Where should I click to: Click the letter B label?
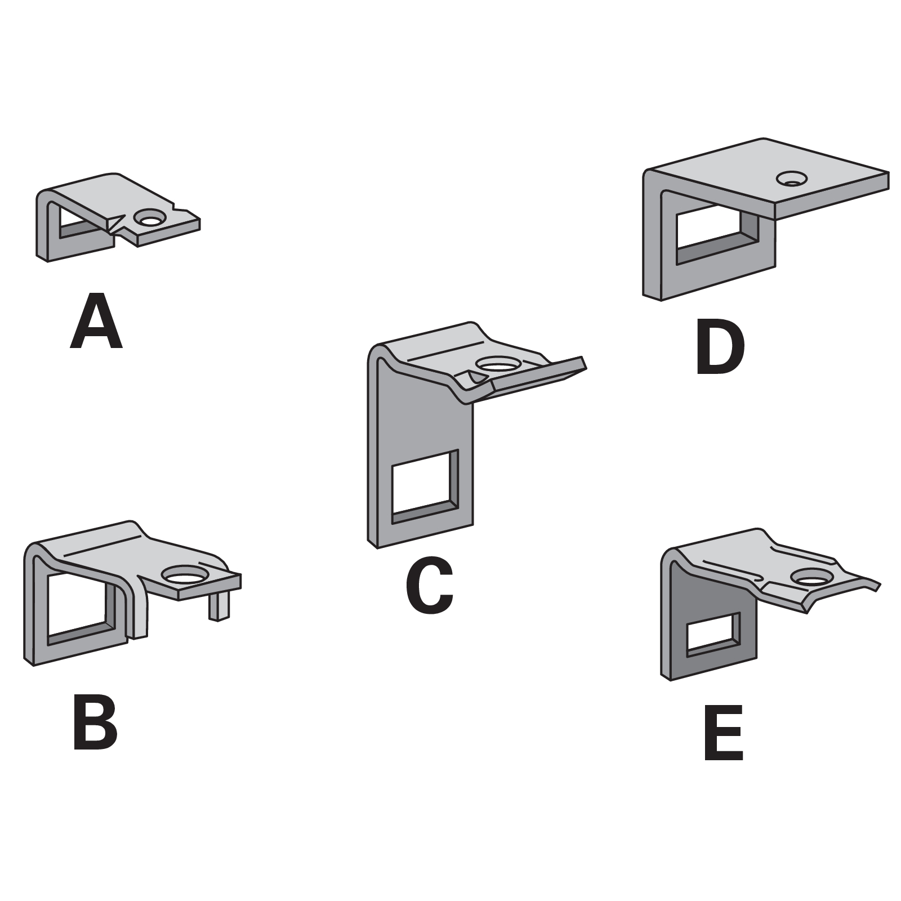(x=95, y=722)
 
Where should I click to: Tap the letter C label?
(x=429, y=586)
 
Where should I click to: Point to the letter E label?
(x=724, y=732)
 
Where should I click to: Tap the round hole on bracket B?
(x=185, y=575)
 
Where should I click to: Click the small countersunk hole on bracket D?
(x=791, y=179)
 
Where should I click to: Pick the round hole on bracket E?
(x=813, y=577)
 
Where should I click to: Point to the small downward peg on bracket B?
(x=218, y=606)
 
